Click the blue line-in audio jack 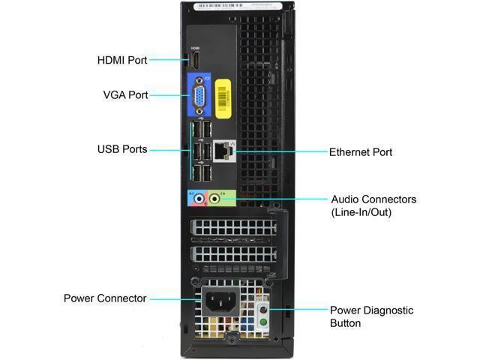198,199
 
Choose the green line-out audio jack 214,199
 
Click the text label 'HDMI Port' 122,59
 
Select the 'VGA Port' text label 125,95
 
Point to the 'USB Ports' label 122,149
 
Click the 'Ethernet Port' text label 361,152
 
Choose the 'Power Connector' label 105,298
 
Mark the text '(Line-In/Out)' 361,212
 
